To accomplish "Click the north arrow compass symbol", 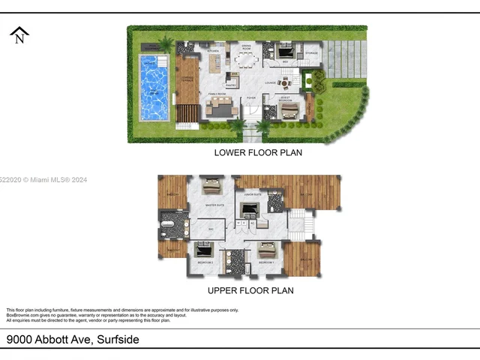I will coord(19,35).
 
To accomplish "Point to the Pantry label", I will coord(232,85).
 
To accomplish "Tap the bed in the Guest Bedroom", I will coord(289,112).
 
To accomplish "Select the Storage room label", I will coord(312,54).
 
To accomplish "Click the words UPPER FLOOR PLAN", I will coord(250,290).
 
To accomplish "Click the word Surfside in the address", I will coord(117,340).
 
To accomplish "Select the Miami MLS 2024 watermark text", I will coord(45,180).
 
